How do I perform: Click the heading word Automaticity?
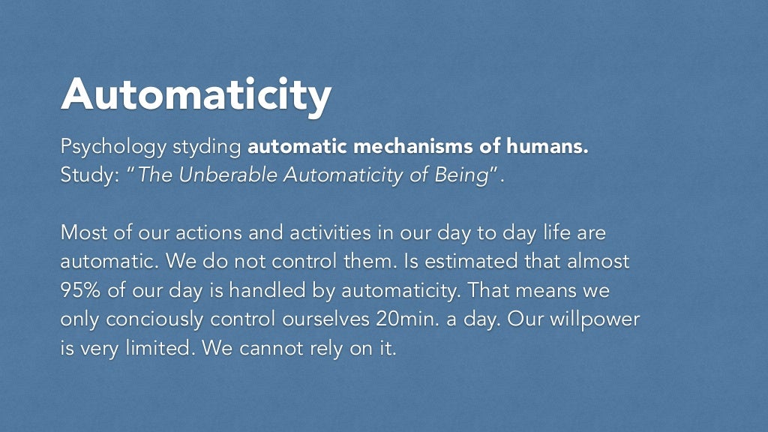196,95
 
